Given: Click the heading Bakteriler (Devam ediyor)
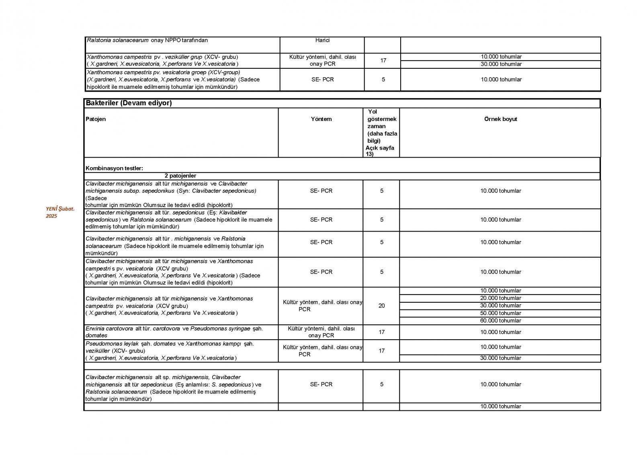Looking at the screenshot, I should (129, 103).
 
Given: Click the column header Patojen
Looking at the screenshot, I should (96, 119).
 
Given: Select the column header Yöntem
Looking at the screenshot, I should (321, 119).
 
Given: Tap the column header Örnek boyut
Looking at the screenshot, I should (500, 119).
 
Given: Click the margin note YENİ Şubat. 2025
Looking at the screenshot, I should (59, 212).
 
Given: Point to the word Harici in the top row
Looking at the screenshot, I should (322, 40).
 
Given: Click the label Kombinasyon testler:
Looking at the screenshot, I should (114, 168).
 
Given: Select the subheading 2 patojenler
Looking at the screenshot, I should (180, 176).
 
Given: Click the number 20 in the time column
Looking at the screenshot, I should (381, 305).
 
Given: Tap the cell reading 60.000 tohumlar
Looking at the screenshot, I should (500, 320).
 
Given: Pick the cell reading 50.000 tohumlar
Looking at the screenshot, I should (500, 313).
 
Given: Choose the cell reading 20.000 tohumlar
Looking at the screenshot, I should (500, 298).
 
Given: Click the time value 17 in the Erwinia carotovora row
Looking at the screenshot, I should (381, 332).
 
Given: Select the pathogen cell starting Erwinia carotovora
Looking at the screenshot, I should (174, 332).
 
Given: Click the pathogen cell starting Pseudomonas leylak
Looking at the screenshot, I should (170, 350).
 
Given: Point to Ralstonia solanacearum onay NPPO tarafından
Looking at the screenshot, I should (147, 40).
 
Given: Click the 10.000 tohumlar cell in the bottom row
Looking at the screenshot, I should (500, 406).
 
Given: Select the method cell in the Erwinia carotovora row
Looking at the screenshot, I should (321, 332).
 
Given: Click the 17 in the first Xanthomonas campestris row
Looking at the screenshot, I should (383, 60).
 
